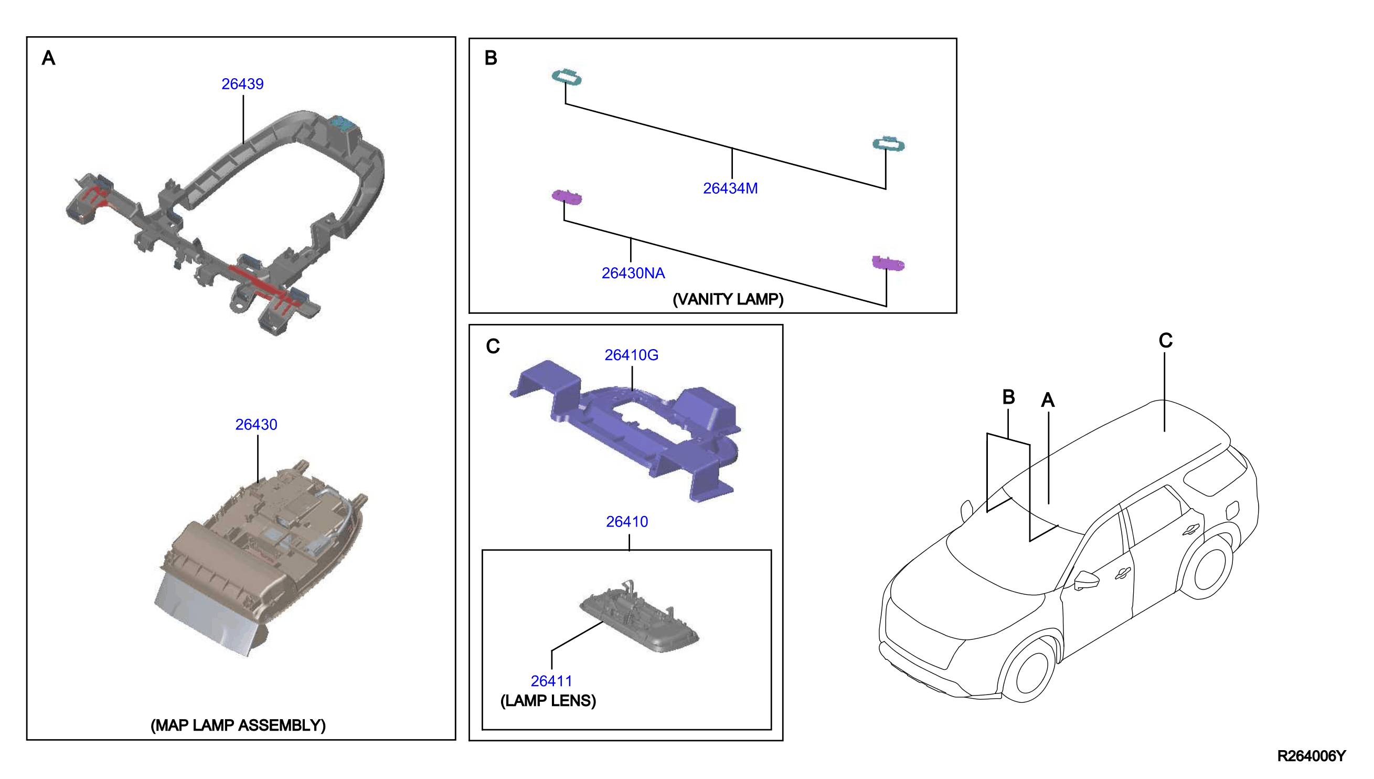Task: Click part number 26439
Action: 242,84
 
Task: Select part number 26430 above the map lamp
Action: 256,424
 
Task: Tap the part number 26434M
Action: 730,188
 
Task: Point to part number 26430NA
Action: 633,273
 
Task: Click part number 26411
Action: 551,680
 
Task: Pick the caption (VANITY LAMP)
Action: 728,299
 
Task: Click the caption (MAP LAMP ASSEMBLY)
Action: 238,725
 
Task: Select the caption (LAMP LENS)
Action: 548,700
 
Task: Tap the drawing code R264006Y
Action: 1311,755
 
